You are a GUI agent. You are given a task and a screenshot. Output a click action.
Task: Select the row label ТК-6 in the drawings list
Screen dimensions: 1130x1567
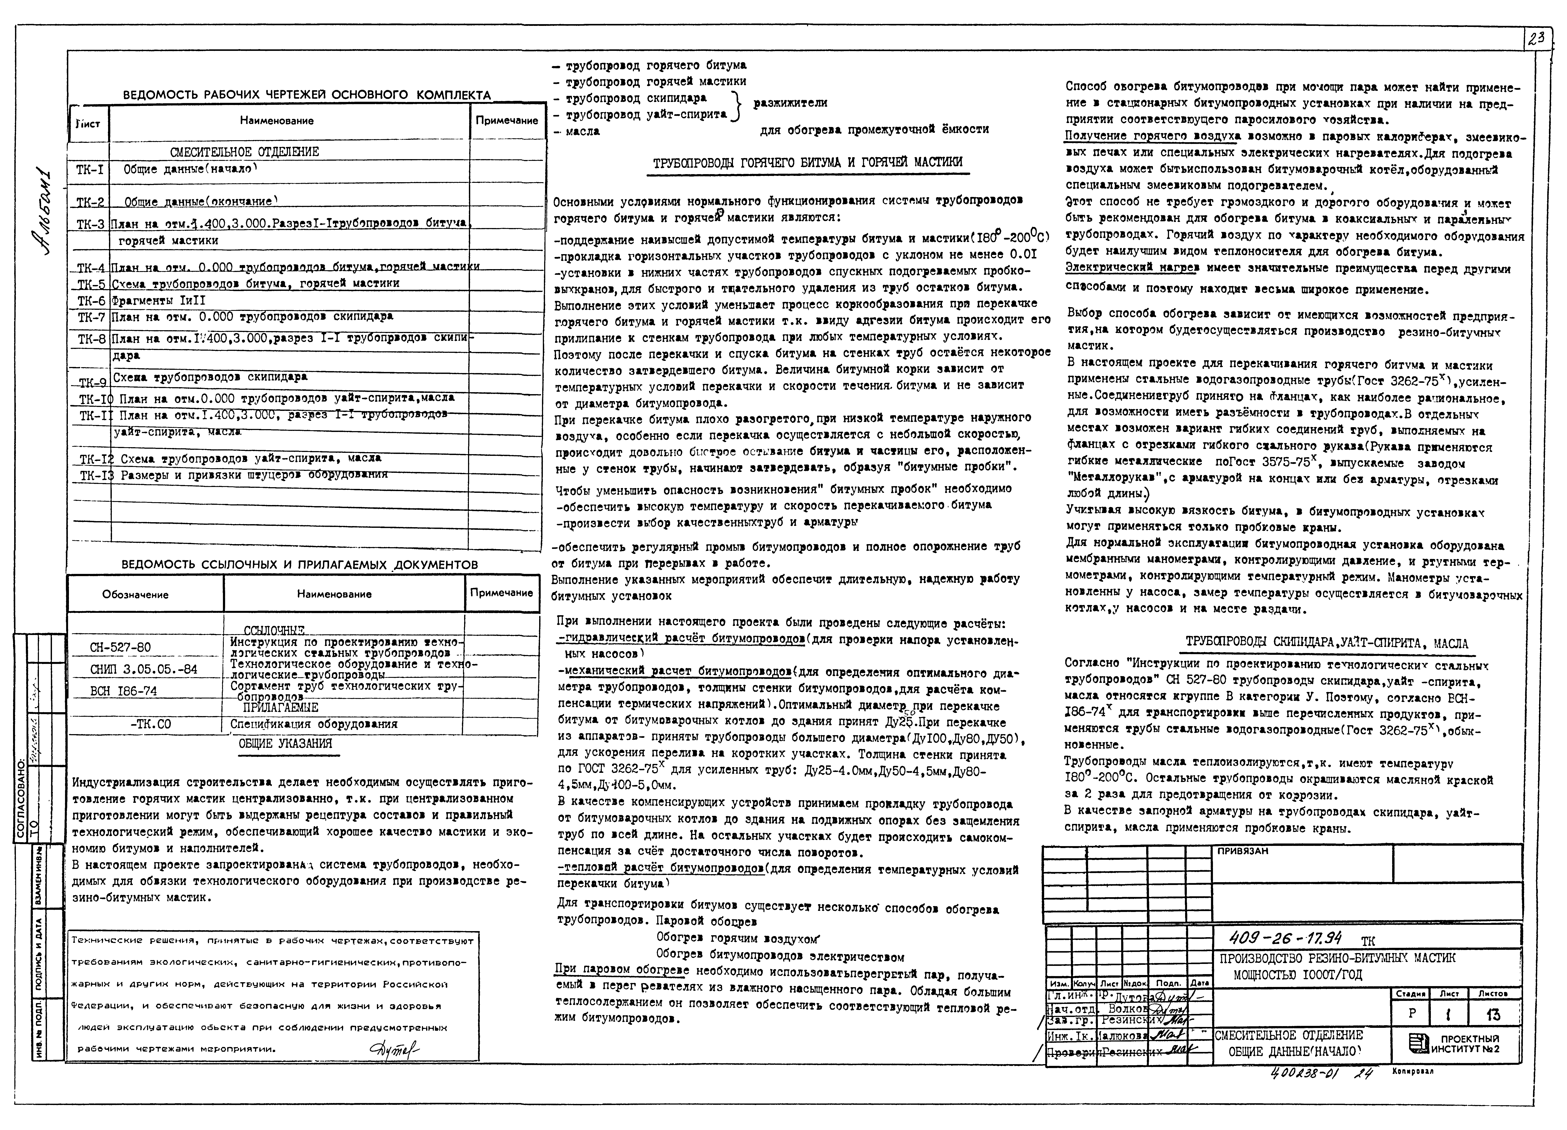(x=90, y=300)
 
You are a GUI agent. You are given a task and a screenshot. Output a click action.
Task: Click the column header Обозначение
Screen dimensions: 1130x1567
(x=135, y=594)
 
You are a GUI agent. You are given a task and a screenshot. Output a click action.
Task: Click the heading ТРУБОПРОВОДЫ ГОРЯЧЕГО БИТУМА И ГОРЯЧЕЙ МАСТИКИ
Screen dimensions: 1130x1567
(x=808, y=163)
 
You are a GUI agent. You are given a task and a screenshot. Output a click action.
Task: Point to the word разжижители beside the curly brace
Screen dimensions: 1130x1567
(x=790, y=103)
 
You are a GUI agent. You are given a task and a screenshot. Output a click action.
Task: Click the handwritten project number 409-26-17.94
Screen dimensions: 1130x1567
(x=1285, y=938)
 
